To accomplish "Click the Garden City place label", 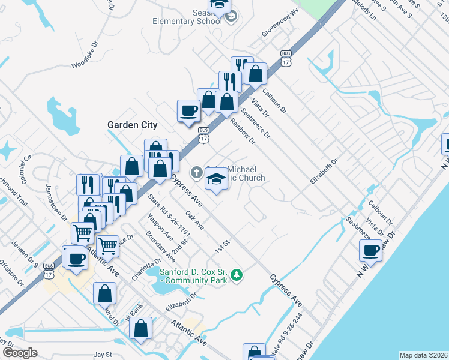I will coord(132,125).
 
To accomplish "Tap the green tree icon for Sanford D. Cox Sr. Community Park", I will coord(237,274).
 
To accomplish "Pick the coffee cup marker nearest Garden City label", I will coord(189,111).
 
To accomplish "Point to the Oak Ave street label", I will coord(194,219).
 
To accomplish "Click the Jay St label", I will coord(103,355).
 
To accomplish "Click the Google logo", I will coord(20,352).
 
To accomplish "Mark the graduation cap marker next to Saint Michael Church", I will coord(216,179).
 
